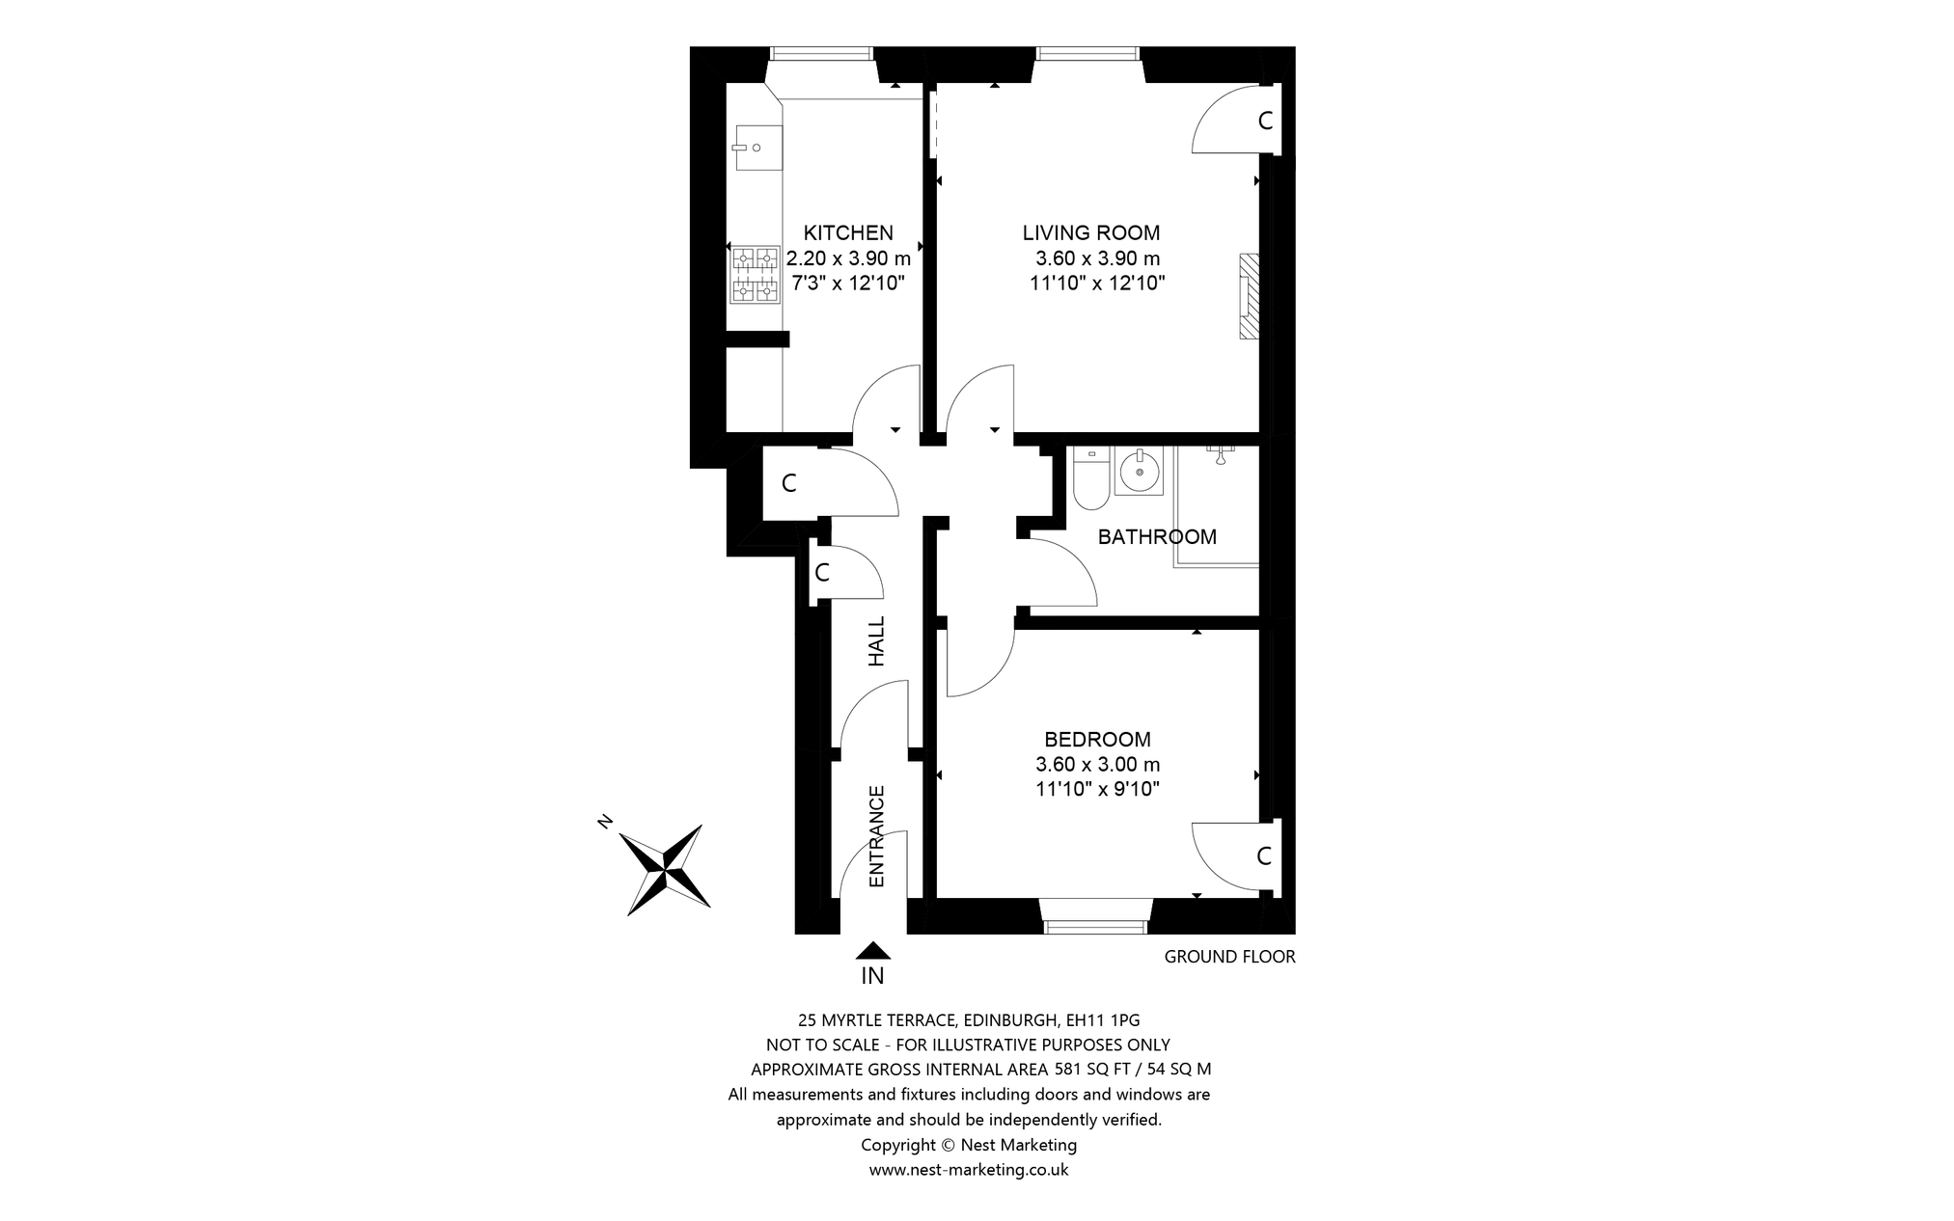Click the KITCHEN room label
click(x=848, y=232)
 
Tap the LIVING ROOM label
click(x=1091, y=232)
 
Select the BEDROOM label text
click(x=1097, y=740)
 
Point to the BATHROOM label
click(x=1157, y=537)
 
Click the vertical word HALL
click(x=876, y=641)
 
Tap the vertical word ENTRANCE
click(x=876, y=836)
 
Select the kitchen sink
click(x=757, y=148)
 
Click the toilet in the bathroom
click(x=1091, y=478)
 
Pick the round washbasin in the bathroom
click(x=1139, y=473)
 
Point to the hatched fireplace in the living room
click(x=1250, y=296)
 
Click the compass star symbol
click(x=664, y=869)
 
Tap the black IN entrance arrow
click(x=872, y=951)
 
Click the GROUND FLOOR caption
click(x=1229, y=957)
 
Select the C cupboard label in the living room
click(x=1265, y=122)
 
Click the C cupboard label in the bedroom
click(x=1264, y=856)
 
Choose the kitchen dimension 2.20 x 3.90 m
click(x=848, y=258)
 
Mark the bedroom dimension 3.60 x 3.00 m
click(x=1097, y=765)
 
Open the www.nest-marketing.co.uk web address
click(x=969, y=1170)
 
